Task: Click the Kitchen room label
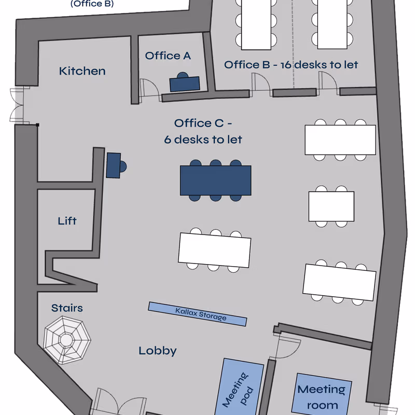coord(82,71)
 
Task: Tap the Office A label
coord(168,56)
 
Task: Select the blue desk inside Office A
coord(184,84)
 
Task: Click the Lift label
coord(67,221)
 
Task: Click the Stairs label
coord(66,308)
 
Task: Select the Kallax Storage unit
coord(197,314)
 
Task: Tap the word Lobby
coord(157,351)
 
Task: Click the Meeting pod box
coord(242,386)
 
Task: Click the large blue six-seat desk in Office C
coord(215,181)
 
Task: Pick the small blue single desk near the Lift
coord(114,165)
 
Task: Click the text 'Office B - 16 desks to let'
coord(291,65)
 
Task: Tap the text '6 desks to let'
coord(203,140)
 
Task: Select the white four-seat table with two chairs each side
coord(331,206)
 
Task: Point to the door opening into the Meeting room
coord(286,345)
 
